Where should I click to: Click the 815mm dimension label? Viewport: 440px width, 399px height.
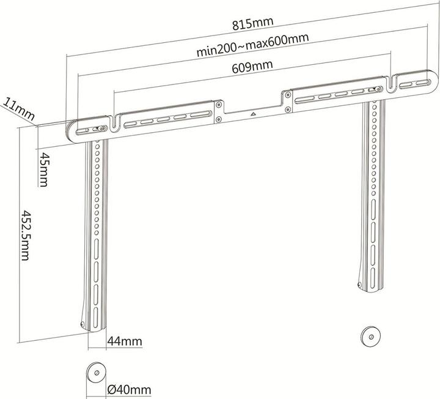pos(252,24)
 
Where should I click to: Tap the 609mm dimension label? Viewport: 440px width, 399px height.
pos(252,67)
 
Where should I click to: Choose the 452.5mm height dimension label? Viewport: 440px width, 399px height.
pos(25,235)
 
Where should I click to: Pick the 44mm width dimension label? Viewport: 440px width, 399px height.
pos(125,341)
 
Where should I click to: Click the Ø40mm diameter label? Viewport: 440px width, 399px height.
pos(129,390)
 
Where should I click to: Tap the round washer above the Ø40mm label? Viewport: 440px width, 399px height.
pos(97,373)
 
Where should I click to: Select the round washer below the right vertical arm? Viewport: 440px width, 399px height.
pos(371,336)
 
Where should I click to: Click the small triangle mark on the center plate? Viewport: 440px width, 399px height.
pos(253,114)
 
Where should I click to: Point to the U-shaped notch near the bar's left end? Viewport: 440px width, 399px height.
pos(114,124)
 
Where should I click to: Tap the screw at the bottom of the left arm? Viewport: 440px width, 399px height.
pos(82,324)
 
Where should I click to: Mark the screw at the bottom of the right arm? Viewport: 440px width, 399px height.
pos(360,285)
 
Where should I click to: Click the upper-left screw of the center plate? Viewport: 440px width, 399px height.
pos(219,105)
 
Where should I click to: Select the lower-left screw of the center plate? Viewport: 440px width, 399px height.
pos(219,120)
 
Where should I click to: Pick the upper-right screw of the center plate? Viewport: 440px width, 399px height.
pos(287,94)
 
